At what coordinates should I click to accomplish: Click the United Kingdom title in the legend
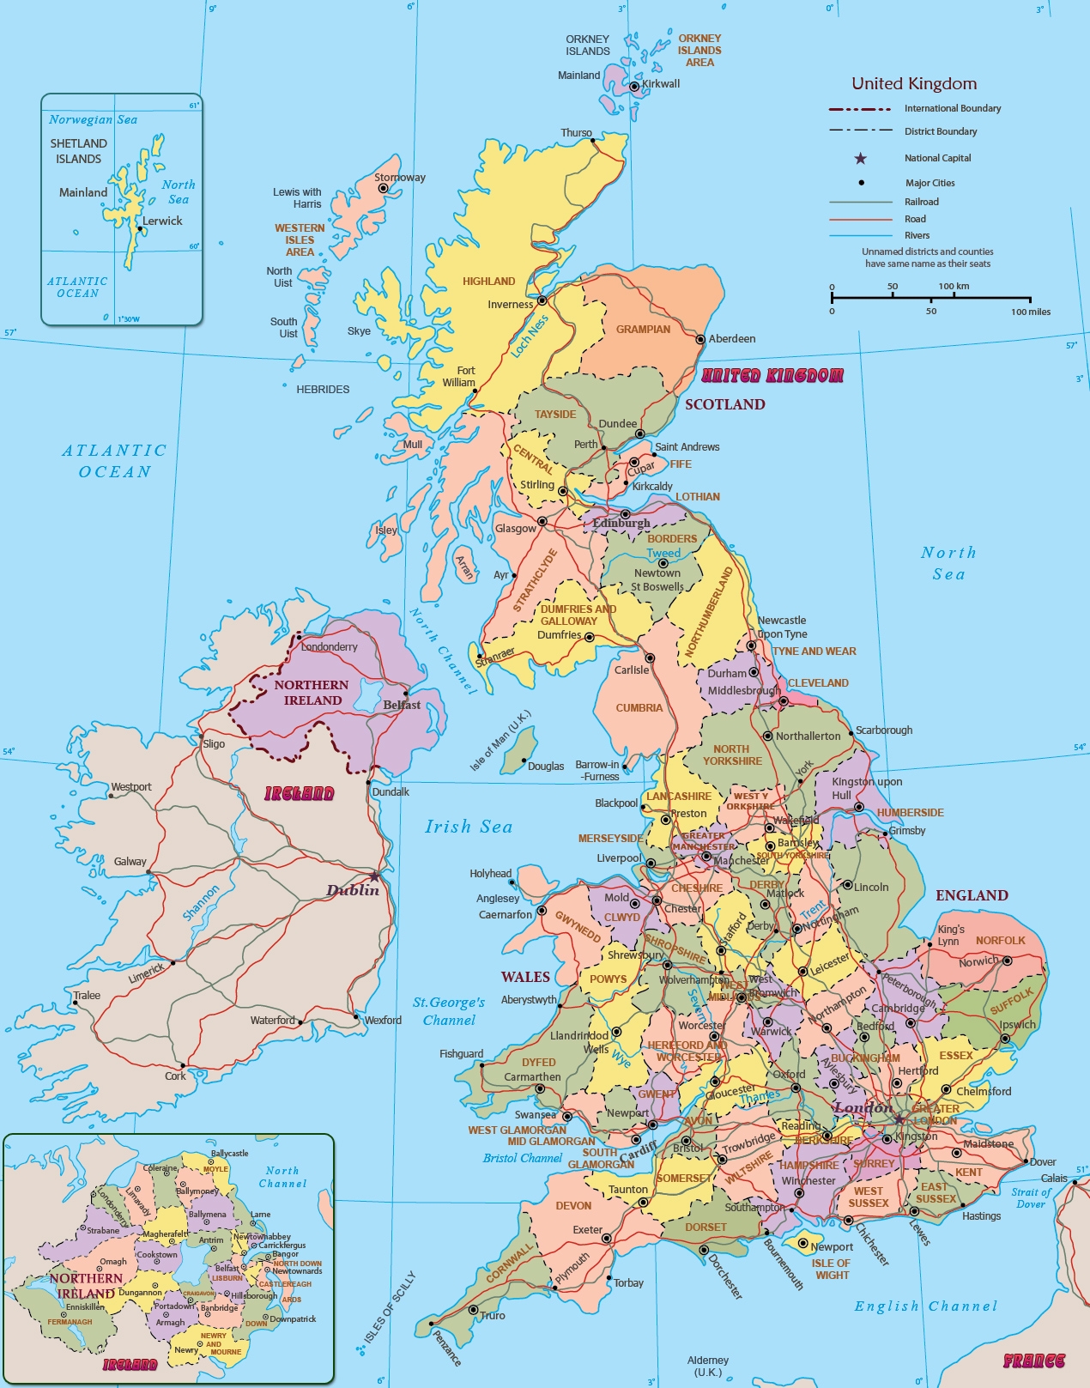point(914,83)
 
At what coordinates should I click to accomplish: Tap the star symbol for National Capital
point(860,159)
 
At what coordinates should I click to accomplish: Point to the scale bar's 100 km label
point(954,287)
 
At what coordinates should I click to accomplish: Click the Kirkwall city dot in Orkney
point(634,87)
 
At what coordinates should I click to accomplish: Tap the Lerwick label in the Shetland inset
point(162,221)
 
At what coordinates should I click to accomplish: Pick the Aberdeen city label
point(732,339)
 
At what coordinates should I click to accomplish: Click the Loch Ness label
point(530,336)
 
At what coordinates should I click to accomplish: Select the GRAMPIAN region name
point(643,330)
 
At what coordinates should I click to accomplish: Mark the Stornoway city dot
point(384,188)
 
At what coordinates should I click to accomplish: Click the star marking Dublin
point(375,876)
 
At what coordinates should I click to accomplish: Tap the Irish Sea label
point(469,827)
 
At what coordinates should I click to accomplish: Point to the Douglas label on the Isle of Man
point(546,767)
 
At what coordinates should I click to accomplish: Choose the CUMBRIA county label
point(639,708)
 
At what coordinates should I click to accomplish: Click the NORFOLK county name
point(1000,941)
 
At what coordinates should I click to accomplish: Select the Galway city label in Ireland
point(130,862)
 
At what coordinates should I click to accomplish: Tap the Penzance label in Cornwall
point(446,1349)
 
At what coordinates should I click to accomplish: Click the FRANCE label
point(1033,1361)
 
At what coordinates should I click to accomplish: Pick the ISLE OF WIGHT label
point(832,1270)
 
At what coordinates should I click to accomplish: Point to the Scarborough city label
point(884,730)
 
